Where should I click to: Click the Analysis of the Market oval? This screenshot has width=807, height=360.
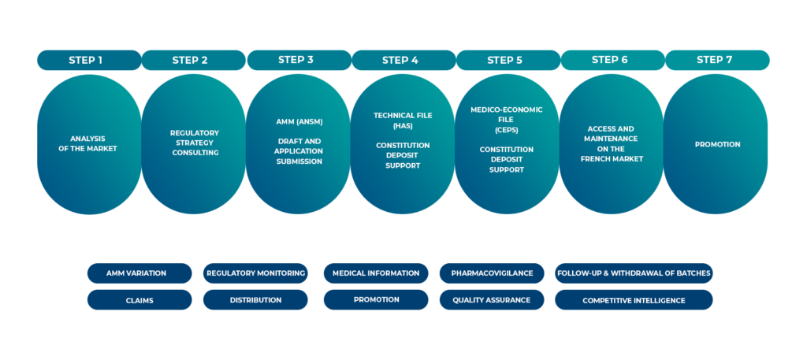point(89,144)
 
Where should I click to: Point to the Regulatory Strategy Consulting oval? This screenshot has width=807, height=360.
point(194,143)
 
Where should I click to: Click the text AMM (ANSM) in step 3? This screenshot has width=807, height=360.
point(299,123)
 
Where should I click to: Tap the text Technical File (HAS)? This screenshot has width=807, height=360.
point(403,120)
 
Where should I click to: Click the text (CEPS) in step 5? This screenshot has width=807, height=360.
point(507,129)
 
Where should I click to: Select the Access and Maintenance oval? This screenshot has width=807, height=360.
point(612,143)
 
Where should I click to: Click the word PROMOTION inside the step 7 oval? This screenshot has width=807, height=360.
point(716,144)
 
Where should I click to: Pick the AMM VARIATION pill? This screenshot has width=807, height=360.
point(139,273)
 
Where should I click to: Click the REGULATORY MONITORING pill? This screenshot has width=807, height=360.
point(255,273)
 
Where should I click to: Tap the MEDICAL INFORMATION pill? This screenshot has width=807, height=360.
point(376,273)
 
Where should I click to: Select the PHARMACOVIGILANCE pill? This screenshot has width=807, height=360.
point(492,273)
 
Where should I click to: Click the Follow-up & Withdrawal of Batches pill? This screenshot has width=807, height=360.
point(634,273)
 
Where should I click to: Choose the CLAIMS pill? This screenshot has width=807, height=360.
point(139,300)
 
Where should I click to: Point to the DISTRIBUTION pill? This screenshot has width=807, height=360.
point(255,300)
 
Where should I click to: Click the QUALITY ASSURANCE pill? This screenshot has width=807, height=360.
point(492,300)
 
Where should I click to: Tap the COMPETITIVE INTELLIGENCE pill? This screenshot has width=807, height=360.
point(634,300)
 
